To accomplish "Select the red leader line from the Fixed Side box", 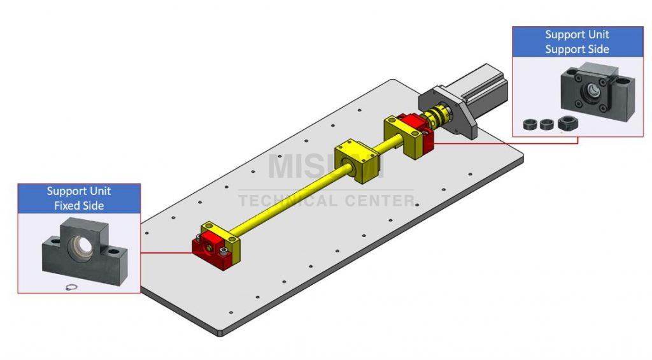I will point(166,252).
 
